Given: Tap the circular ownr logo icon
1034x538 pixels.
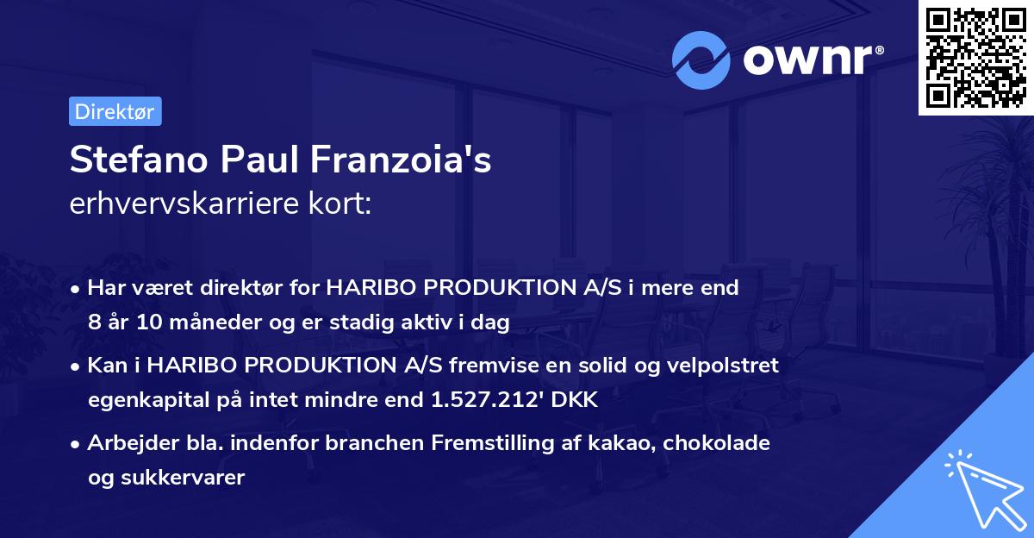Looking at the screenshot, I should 701,60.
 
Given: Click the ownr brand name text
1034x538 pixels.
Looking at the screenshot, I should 811,61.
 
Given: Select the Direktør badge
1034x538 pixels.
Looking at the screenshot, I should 115,111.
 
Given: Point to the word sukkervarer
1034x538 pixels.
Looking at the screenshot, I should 190,478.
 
